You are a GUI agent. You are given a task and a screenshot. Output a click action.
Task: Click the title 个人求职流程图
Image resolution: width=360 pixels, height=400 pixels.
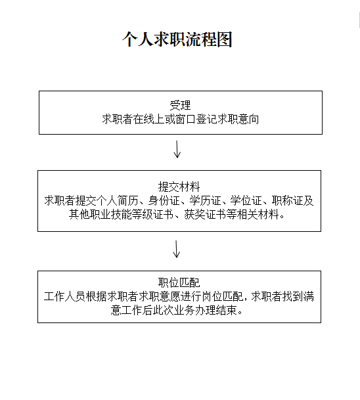pyautogui.click(x=177, y=39)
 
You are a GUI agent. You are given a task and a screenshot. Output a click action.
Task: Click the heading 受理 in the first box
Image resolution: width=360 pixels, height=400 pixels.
pyautogui.click(x=180, y=105)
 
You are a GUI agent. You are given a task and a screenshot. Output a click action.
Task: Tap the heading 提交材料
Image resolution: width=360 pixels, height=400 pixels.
pyautogui.click(x=179, y=187)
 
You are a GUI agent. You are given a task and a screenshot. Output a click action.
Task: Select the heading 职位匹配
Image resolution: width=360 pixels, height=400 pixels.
pyautogui.click(x=179, y=282)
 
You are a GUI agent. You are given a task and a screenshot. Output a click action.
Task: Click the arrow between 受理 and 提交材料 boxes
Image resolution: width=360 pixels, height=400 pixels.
pyautogui.click(x=177, y=149)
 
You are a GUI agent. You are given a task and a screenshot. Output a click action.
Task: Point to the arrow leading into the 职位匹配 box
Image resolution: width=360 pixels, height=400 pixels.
pyautogui.click(x=177, y=249)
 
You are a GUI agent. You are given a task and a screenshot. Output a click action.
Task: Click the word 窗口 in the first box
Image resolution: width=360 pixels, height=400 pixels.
pyautogui.click(x=185, y=119)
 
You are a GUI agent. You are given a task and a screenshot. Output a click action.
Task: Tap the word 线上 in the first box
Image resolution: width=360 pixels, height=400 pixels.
pyautogui.click(x=154, y=119)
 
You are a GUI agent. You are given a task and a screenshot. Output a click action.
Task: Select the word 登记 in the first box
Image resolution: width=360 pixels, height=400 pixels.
pyautogui.click(x=206, y=119)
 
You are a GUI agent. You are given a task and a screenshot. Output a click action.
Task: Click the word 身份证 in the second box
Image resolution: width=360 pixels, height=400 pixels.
pyautogui.click(x=164, y=200)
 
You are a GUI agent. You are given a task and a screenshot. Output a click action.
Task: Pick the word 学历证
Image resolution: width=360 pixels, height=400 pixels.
pyautogui.click(x=205, y=200)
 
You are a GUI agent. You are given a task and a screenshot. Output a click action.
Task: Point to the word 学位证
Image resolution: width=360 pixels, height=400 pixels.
pyautogui.click(x=246, y=200)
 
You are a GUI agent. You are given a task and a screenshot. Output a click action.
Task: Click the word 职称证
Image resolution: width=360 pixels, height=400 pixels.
pyautogui.click(x=288, y=200)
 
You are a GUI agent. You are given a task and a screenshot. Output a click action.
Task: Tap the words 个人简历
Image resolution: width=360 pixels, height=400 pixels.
pyautogui.click(x=117, y=200)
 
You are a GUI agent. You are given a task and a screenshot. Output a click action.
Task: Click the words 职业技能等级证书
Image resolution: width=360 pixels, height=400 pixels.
pyautogui.click(x=131, y=214)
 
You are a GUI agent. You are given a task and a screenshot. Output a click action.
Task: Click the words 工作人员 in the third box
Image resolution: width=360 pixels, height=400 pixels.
pyautogui.click(x=64, y=296)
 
